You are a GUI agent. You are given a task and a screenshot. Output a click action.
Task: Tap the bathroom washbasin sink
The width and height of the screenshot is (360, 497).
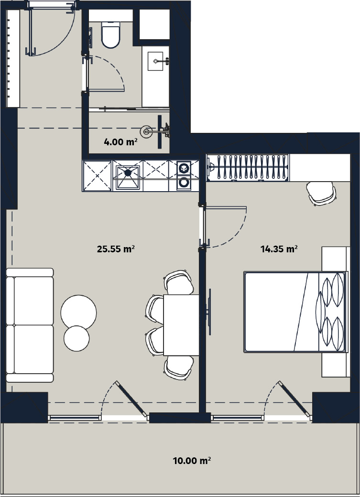(x=155, y=61)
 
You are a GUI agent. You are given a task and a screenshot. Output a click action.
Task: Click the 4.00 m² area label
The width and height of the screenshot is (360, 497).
(x=120, y=141)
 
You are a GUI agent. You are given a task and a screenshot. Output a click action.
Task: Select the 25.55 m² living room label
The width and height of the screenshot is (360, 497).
(x=116, y=249)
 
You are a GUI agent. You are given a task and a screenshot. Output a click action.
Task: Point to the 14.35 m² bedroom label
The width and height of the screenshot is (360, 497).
(x=279, y=249)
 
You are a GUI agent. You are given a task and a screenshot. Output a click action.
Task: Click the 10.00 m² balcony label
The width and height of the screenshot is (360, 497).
(x=192, y=460)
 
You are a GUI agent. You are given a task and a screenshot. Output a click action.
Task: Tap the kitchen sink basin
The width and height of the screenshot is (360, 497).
(x=128, y=177)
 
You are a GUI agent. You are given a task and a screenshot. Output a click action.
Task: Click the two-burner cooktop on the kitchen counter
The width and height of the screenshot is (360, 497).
(x=184, y=175)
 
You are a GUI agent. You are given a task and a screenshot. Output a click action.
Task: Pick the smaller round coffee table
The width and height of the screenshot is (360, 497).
(x=76, y=338)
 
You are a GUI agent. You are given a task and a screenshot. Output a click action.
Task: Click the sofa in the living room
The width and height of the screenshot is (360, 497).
(x=30, y=325)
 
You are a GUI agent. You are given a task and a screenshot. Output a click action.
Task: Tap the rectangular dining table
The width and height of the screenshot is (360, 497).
(x=181, y=325)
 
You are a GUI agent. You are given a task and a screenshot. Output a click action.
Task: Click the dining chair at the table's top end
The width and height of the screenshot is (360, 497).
(x=179, y=282)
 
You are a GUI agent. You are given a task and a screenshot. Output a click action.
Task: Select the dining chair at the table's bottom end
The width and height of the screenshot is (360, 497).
(x=179, y=367)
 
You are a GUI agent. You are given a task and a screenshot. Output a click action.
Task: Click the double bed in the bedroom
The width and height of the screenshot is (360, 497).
(x=295, y=312)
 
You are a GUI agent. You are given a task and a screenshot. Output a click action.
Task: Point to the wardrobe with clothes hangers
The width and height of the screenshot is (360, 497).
(x=248, y=168)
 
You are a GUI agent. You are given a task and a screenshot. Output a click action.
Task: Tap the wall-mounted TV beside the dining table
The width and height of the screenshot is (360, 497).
(x=209, y=312)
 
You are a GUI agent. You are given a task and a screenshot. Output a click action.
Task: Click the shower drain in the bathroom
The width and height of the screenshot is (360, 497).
(x=146, y=131)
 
